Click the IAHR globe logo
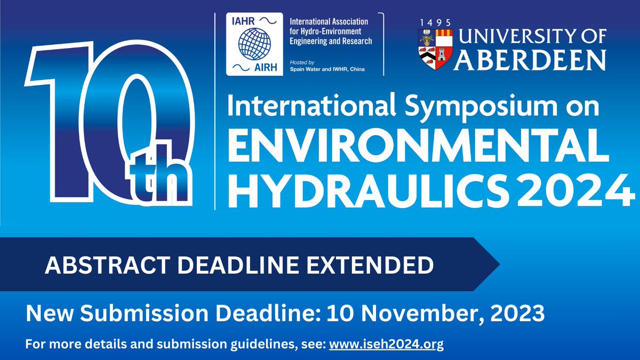tap(254, 44)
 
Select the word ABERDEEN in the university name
tap(530, 60)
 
